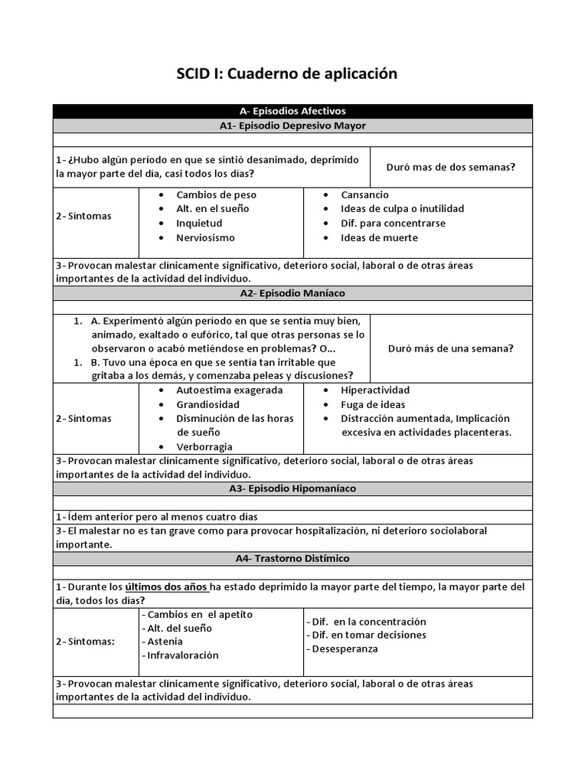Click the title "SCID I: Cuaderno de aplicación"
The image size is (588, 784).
pyautogui.click(x=287, y=73)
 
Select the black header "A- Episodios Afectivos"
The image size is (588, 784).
pyautogui.click(x=292, y=111)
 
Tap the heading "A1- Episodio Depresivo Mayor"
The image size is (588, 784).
pyautogui.click(x=292, y=126)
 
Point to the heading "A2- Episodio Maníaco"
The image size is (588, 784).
pyautogui.click(x=292, y=293)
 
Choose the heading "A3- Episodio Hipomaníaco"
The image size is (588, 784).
pyautogui.click(x=292, y=488)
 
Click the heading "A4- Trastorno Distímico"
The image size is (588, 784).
pyautogui.click(x=292, y=558)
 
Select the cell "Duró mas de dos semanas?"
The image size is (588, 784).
pyautogui.click(x=450, y=167)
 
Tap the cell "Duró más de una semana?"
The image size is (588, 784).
pyautogui.click(x=451, y=348)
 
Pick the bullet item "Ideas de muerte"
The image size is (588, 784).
pyautogui.click(x=379, y=237)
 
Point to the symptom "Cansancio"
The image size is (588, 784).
pyautogui.click(x=364, y=194)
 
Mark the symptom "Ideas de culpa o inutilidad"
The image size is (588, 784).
pyautogui.click(x=402, y=208)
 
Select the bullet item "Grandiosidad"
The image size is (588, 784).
pyautogui.click(x=207, y=404)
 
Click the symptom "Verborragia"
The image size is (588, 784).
pyautogui.click(x=204, y=446)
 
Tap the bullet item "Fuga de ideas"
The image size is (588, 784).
pyautogui.click(x=373, y=404)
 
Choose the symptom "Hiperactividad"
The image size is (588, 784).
pyautogui.click(x=375, y=390)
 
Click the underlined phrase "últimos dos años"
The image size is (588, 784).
pyautogui.click(x=166, y=587)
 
